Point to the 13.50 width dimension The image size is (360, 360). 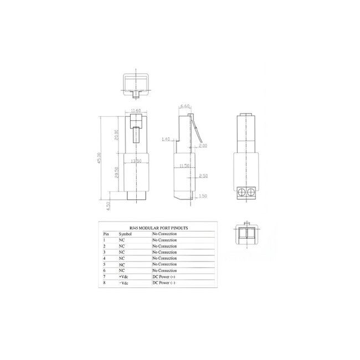click(136, 161)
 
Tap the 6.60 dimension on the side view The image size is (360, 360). click(186, 105)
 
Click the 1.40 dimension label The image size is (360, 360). click(166, 140)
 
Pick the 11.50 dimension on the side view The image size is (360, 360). click(184, 165)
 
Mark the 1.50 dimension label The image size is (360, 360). click(203, 197)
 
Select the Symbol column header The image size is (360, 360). click(125, 234)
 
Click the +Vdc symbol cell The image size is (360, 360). click(123, 276)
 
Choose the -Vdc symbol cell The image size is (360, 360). click(123, 282)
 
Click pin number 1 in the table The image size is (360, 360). click(105, 240)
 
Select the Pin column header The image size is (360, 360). click(106, 234)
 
